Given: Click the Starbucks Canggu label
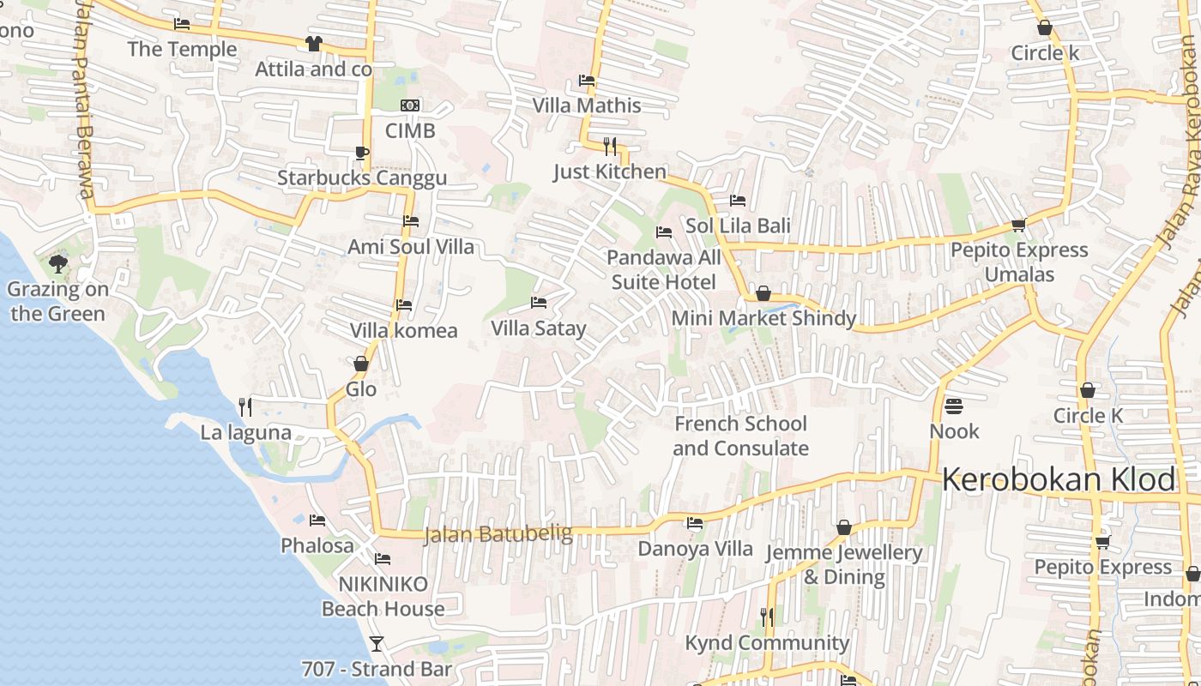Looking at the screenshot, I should tap(361, 178).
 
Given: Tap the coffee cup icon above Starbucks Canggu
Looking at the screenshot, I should tap(362, 153).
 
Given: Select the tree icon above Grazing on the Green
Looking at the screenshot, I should tap(57, 263).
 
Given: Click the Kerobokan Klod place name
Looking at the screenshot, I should tap(1059, 480).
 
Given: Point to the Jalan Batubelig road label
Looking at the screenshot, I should tap(498, 534).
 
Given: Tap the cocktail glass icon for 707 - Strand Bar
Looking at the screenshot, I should tap(376, 643).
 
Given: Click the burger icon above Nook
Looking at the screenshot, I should tap(954, 406).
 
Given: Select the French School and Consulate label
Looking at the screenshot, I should tap(740, 436).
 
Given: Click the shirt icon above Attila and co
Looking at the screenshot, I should tap(313, 44).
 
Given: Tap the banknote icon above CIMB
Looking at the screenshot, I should tap(410, 105).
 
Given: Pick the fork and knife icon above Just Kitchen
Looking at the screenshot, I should tap(610, 146).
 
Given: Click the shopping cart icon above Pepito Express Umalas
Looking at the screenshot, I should tap(1018, 226).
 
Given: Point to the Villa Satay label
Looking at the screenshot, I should tap(538, 328).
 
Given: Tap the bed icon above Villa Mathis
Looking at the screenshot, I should tap(587, 81).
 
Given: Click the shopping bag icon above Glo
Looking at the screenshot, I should tap(361, 364).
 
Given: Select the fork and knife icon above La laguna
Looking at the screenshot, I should tap(245, 406).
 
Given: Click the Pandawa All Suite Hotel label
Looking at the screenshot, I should tap(664, 270).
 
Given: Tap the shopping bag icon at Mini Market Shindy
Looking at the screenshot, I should tap(763, 294).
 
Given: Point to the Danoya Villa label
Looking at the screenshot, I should tap(695, 549).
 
